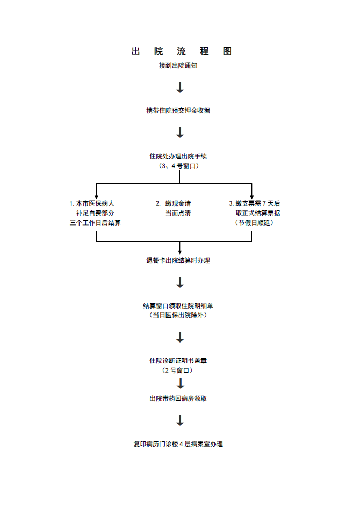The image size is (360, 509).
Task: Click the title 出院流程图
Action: tap(182, 52)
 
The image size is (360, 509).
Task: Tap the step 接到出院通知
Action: tap(180, 66)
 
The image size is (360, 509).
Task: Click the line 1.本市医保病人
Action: tap(92, 203)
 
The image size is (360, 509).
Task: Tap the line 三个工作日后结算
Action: tap(95, 223)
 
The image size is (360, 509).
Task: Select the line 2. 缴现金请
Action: tap(173, 203)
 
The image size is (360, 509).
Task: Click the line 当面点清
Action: tap(178, 213)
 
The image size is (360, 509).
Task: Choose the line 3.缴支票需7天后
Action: tap(254, 203)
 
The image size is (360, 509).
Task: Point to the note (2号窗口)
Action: tap(178, 370)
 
